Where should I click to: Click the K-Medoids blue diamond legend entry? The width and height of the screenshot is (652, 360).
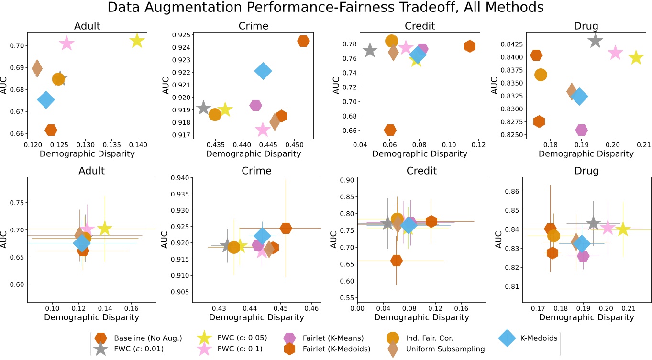click(x=538, y=338)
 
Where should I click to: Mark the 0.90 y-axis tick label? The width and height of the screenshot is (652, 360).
click(x=346, y=180)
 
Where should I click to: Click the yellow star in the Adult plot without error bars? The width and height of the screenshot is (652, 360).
click(x=137, y=41)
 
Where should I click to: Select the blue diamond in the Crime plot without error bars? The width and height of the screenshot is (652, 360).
click(x=263, y=71)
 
